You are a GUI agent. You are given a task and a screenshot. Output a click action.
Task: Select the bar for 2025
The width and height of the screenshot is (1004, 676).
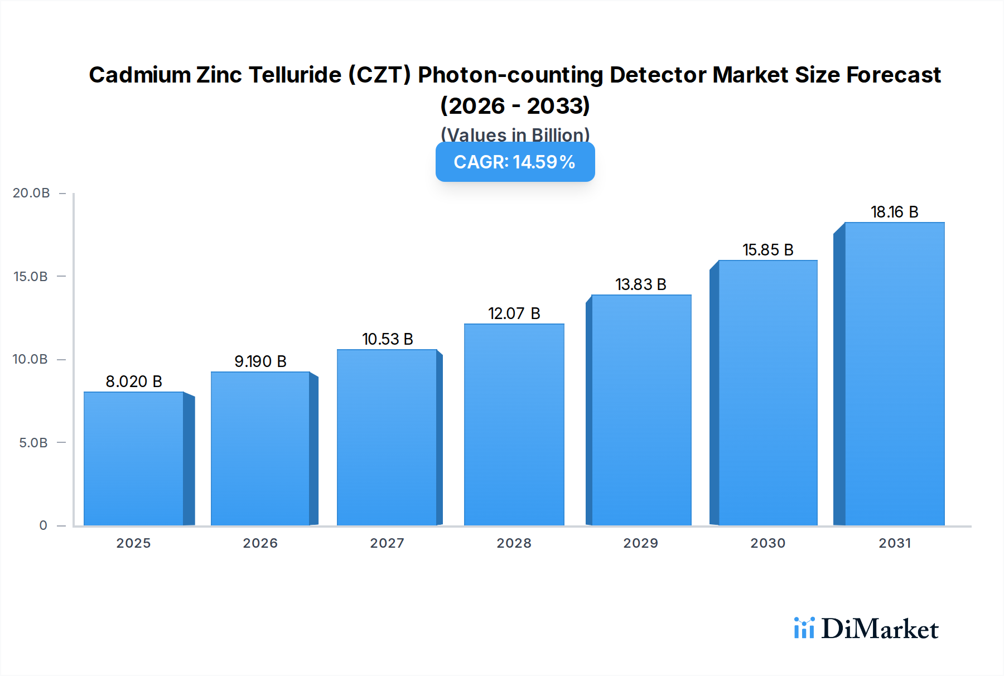134,458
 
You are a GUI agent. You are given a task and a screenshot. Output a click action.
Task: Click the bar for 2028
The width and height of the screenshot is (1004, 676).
514,424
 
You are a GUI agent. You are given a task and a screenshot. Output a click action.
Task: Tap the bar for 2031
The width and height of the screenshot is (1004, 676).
894,374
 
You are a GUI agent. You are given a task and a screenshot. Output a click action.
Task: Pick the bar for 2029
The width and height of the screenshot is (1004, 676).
641,410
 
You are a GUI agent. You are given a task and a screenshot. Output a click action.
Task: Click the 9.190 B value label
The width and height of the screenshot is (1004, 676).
260,361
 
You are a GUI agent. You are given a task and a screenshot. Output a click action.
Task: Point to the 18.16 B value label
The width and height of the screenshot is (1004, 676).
894,212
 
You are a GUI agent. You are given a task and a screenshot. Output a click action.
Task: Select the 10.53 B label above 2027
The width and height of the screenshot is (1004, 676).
388,339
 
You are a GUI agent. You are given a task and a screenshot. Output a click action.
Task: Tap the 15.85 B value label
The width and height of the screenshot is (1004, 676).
768,250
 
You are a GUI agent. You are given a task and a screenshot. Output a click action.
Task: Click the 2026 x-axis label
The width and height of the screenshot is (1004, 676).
260,543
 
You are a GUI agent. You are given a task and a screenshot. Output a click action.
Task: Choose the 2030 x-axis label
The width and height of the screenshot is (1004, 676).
768,543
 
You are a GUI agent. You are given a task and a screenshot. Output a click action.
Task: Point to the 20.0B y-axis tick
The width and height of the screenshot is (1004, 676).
31,193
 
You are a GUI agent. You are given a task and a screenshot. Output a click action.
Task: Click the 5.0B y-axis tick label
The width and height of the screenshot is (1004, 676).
33,443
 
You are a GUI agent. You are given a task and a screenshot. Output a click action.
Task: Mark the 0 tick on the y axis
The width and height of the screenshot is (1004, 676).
43,525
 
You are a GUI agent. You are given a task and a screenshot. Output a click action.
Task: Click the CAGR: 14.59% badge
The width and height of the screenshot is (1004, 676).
515,162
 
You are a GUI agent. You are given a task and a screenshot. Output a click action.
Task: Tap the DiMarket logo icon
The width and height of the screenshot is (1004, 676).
804,628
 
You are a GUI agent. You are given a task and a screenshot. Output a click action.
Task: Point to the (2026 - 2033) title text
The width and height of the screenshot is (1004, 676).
515,105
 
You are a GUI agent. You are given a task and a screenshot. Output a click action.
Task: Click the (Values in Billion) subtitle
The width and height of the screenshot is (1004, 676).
515,134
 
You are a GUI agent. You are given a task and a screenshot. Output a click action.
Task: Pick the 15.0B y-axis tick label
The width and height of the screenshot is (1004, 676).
31,277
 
